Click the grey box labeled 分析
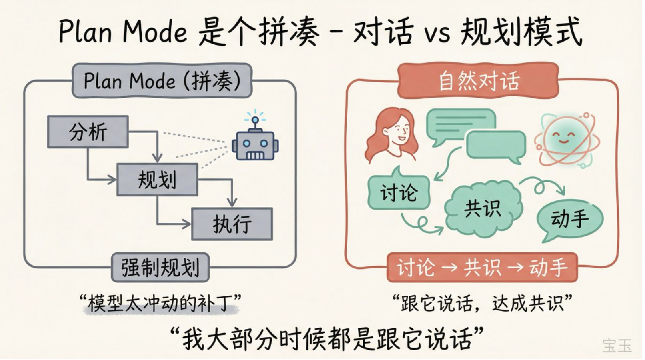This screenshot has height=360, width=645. [x=88, y=132]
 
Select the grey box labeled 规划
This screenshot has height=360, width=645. [x=157, y=179]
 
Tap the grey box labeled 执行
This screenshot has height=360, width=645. [x=232, y=224]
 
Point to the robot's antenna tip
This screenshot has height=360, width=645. [x=255, y=119]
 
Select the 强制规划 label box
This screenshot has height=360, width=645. [x=160, y=267]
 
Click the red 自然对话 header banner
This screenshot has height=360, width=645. [x=478, y=80]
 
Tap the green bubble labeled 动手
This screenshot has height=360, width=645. [x=570, y=219]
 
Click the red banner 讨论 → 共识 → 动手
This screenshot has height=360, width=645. [x=482, y=267]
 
